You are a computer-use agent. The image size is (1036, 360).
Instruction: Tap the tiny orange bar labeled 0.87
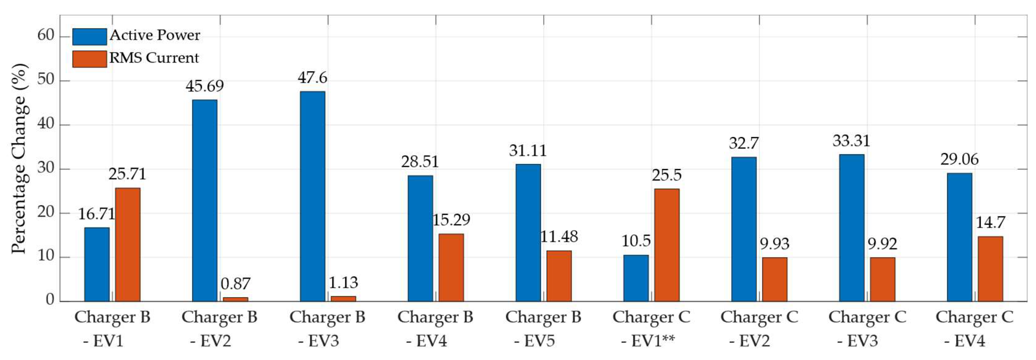[x=235, y=299]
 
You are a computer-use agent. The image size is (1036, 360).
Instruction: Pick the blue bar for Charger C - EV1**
[x=636, y=278]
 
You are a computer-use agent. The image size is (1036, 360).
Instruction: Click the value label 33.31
[x=851, y=141]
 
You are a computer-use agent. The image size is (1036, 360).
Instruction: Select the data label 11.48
[x=559, y=237]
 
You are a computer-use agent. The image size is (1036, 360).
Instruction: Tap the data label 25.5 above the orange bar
[x=666, y=175]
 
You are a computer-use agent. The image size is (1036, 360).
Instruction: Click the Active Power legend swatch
[x=89, y=37]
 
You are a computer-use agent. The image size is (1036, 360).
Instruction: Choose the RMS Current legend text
[x=154, y=58]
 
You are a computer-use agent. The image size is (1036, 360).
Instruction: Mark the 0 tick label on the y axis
[x=50, y=300]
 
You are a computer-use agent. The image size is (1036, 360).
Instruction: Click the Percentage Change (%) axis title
[x=19, y=159]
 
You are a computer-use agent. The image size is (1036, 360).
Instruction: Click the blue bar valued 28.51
[x=420, y=238]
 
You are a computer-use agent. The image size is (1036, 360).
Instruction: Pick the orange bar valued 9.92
[x=882, y=279]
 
